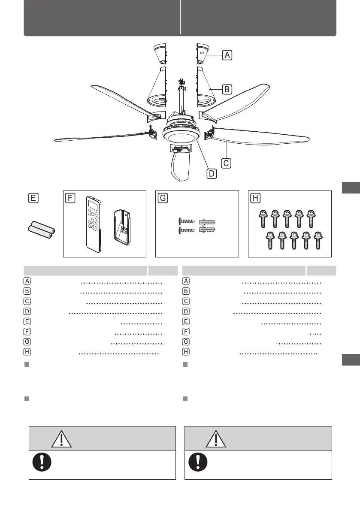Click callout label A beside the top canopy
point(227,55)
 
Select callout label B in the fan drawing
point(227,89)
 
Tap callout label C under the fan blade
point(227,163)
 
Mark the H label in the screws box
point(256,198)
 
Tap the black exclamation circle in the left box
point(42,462)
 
